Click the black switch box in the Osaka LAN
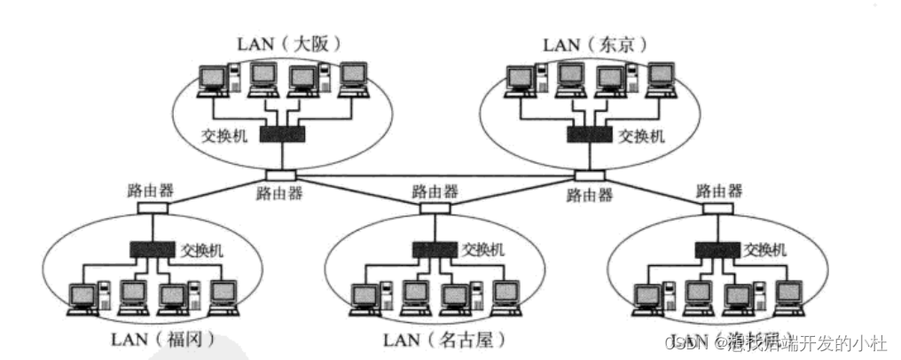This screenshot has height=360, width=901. click(282, 134)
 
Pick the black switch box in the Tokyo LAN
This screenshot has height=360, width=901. click(589, 134)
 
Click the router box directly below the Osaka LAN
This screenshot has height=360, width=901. click(279, 175)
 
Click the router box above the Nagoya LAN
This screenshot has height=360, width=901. click(434, 209)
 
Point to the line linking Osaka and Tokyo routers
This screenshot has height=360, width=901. click(435, 176)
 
